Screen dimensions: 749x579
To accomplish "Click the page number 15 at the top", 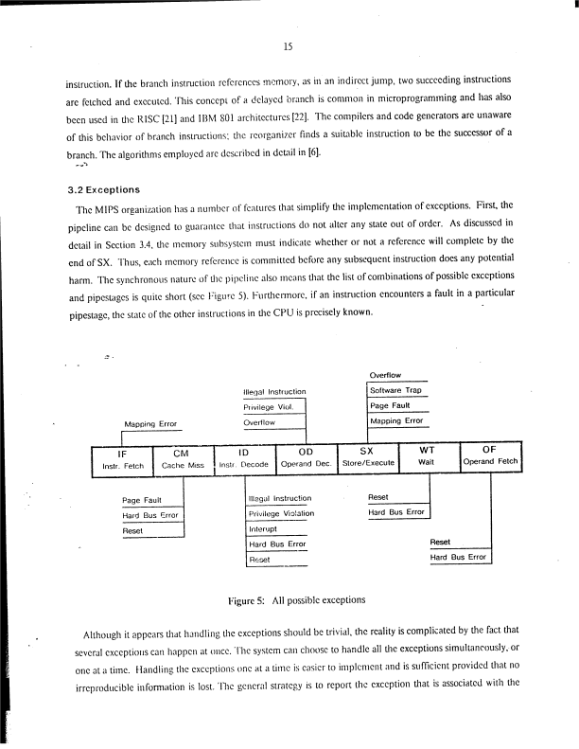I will [x=289, y=45].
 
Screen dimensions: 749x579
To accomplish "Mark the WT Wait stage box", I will [x=427, y=458].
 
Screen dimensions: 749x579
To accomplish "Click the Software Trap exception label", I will [x=396, y=390].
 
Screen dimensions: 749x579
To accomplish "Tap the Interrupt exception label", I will [x=262, y=529].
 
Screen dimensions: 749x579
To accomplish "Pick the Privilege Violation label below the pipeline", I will [x=280, y=513].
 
